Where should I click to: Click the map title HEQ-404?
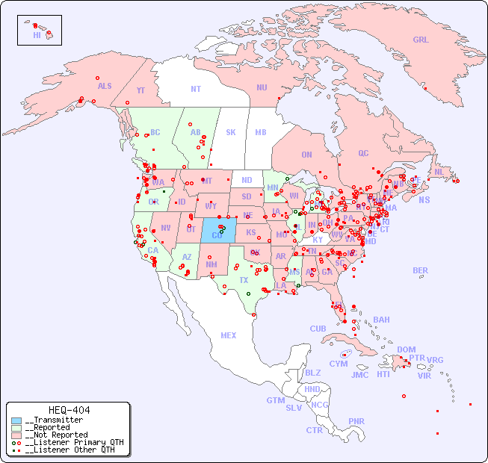(x=69, y=410)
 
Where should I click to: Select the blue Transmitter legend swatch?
(x=16, y=420)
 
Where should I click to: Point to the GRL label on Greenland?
(x=421, y=40)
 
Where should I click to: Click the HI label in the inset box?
(x=37, y=35)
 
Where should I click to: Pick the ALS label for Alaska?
(x=105, y=86)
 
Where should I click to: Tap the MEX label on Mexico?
(x=229, y=335)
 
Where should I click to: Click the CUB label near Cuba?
(x=318, y=329)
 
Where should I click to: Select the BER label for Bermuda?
(x=420, y=270)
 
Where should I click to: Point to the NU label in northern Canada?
(x=262, y=87)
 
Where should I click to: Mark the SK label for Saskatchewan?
(x=231, y=132)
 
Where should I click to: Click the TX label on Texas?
(x=244, y=280)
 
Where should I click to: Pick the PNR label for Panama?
(x=356, y=421)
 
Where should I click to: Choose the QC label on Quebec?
(x=363, y=153)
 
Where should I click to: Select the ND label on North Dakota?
(x=247, y=180)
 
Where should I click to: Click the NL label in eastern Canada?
(x=439, y=171)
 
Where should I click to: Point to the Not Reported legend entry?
(x=55, y=435)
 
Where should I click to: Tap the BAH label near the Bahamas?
(x=381, y=320)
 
